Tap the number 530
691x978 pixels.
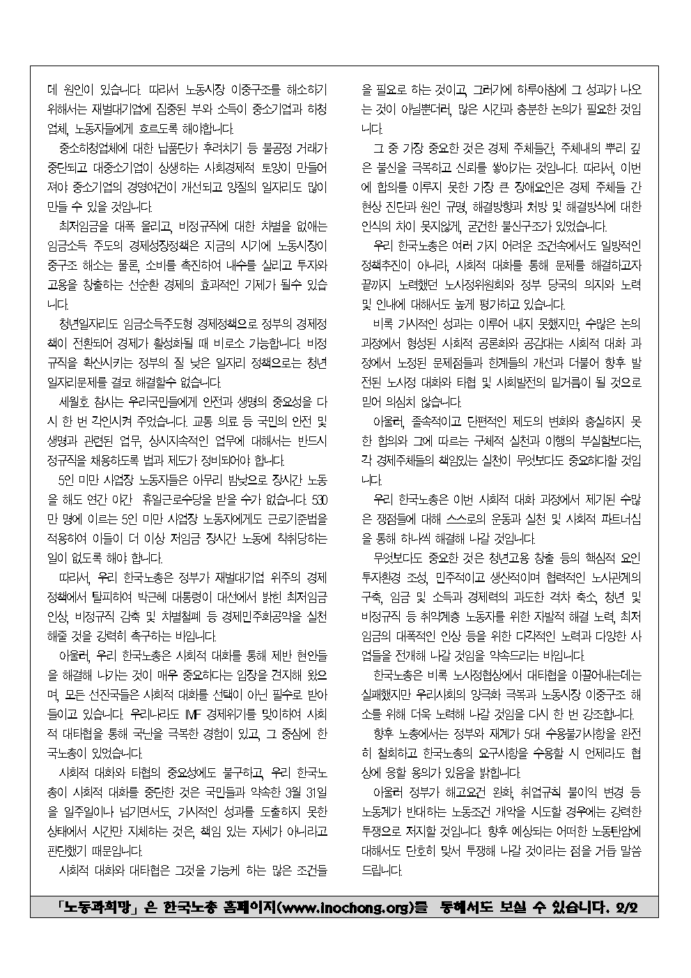318,500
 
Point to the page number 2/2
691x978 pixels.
627,908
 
